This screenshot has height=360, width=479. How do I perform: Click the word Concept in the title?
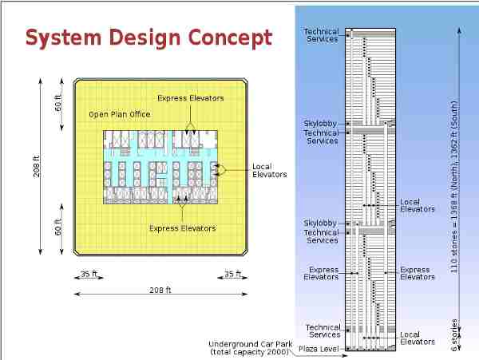coord(230,38)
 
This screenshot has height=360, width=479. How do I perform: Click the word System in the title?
coord(63,38)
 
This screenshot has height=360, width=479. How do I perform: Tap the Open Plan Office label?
coord(120,114)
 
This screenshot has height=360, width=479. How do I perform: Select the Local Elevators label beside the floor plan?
coord(270,171)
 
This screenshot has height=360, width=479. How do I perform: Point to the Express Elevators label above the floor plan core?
coord(191,98)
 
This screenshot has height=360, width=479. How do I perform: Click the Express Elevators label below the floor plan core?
coord(183,228)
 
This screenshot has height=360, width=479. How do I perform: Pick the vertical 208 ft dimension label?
coord(37,166)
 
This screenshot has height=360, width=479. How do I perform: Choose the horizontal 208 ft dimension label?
coord(160,291)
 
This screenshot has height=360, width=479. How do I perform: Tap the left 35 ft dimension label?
coord(89,274)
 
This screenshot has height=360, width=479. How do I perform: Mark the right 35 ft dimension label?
coord(233,274)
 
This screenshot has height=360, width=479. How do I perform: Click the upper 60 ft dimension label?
coord(58,103)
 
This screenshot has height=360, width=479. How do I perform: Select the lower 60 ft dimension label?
coord(58,227)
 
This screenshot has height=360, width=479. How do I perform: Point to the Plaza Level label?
coord(319,349)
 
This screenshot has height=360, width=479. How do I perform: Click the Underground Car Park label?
coord(250,348)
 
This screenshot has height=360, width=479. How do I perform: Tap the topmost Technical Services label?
coord(322,35)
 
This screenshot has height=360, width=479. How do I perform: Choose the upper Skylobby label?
coord(320,124)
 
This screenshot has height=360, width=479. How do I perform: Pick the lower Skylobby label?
coord(320,224)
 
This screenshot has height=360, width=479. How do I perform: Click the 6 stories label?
coord(454,335)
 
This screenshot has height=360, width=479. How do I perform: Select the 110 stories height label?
coord(454,188)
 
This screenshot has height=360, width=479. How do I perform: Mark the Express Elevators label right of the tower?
coord(418,274)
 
